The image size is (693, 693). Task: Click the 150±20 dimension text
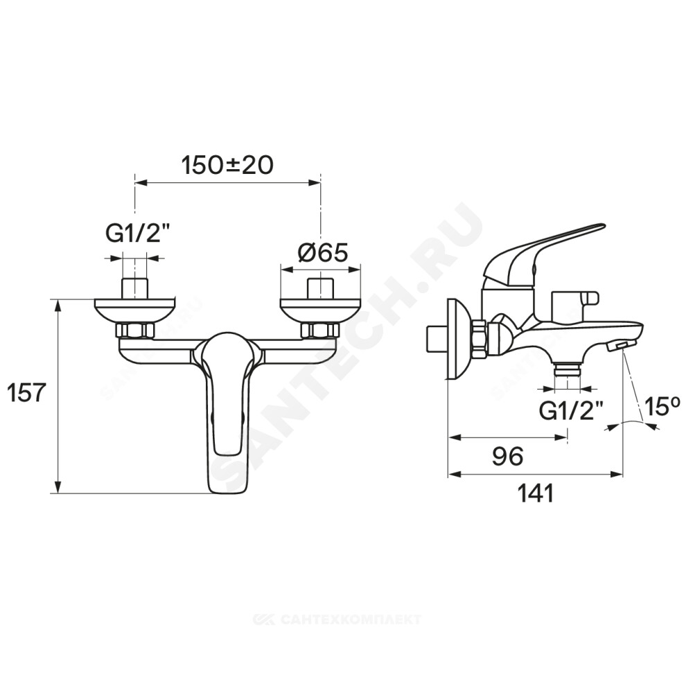(x=227, y=166)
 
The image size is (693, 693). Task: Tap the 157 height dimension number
(x=27, y=392)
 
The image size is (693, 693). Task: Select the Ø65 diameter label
(x=323, y=253)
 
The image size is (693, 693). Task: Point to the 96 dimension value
(x=508, y=456)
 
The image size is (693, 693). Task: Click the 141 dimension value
(x=536, y=493)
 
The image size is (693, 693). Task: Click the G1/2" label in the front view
(x=132, y=235)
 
